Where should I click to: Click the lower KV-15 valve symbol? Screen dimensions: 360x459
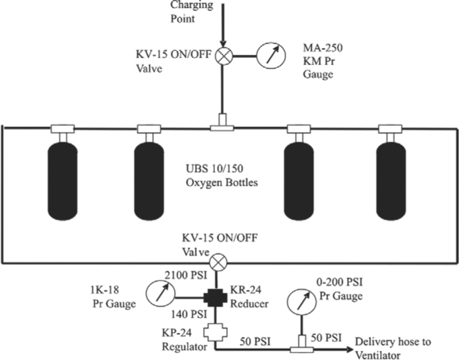point(220,262)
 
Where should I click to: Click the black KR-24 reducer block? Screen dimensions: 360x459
point(220,299)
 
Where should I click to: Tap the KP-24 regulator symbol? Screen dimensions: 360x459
point(220,333)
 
